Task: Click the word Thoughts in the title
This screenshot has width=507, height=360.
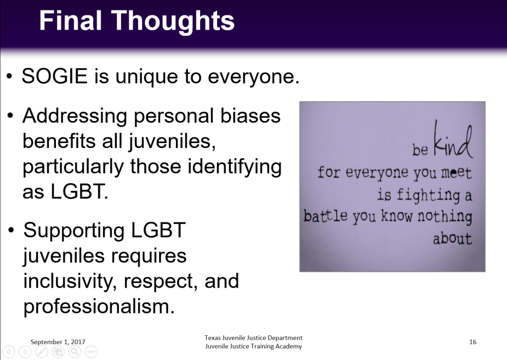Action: (173, 21)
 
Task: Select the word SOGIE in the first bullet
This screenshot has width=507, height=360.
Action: (55, 76)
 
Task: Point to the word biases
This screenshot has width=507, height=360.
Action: (250, 115)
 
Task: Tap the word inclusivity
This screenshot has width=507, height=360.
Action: (70, 282)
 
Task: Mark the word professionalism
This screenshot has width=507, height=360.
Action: (99, 307)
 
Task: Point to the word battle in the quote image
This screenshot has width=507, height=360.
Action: (325, 215)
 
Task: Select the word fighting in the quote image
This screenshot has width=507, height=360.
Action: (428, 195)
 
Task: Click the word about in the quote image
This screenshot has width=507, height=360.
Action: (452, 239)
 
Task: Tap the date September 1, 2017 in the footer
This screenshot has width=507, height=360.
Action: (58, 342)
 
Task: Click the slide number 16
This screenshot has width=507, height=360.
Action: (473, 342)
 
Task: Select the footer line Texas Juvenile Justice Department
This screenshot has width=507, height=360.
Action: (254, 338)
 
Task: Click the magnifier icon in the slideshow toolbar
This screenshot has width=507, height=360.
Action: (75, 352)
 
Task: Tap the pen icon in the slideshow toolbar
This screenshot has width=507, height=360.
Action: (42, 352)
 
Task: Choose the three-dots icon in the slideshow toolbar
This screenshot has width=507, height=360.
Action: (91, 352)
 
